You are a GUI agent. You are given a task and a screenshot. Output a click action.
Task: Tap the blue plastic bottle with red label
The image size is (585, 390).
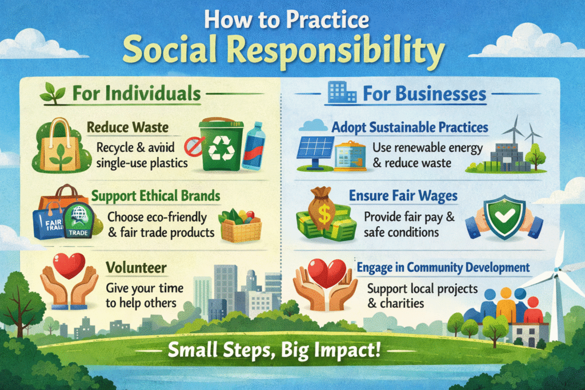point(251,147)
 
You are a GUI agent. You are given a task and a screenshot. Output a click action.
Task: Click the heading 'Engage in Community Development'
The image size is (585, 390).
point(443,267)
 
